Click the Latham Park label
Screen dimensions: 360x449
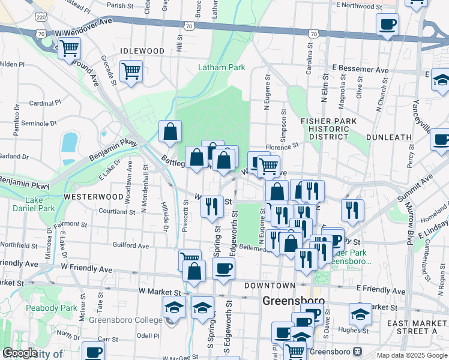pyautogui.click(x=221, y=68)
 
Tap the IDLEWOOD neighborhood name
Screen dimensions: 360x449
pyautogui.click(x=142, y=51)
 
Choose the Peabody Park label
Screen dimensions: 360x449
pyautogui.click(x=52, y=308)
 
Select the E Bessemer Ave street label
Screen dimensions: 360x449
pyautogui.click(x=356, y=68)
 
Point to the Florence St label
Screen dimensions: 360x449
pyautogui.click(x=282, y=146)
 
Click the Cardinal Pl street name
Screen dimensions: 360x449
pyautogui.click(x=41, y=103)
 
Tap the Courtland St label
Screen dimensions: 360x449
pyautogui.click(x=113, y=211)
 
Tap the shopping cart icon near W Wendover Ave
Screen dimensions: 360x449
pyautogui.click(x=70, y=47)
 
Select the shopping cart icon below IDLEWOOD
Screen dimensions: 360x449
pyautogui.click(x=131, y=71)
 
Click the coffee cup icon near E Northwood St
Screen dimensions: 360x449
pyautogui.click(x=387, y=25)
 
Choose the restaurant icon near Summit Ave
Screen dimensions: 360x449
pyautogui.click(x=352, y=211)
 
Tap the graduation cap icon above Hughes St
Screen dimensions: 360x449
pyautogui.click(x=360, y=313)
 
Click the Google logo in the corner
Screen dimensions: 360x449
pyautogui.click(x=19, y=353)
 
